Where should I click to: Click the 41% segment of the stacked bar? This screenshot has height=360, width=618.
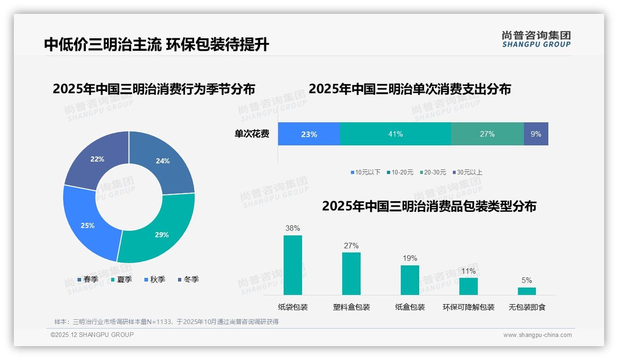395,134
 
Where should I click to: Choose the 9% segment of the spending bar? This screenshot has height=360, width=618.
536,134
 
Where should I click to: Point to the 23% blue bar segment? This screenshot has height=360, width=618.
309,134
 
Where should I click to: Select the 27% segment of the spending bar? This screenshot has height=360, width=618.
487,134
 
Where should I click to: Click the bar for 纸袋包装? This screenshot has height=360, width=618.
293,265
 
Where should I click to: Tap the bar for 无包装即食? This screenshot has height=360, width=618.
527,291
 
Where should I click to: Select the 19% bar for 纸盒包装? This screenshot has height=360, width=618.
410,280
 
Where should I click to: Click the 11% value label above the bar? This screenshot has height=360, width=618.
468,271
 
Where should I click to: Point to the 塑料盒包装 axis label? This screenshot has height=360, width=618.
351,307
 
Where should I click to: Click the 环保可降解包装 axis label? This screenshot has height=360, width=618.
469,307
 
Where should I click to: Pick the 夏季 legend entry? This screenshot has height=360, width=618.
121,280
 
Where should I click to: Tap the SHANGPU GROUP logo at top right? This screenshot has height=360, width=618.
536,39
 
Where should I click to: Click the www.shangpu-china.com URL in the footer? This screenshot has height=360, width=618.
537,335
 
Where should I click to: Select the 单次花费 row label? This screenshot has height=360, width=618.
252,134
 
